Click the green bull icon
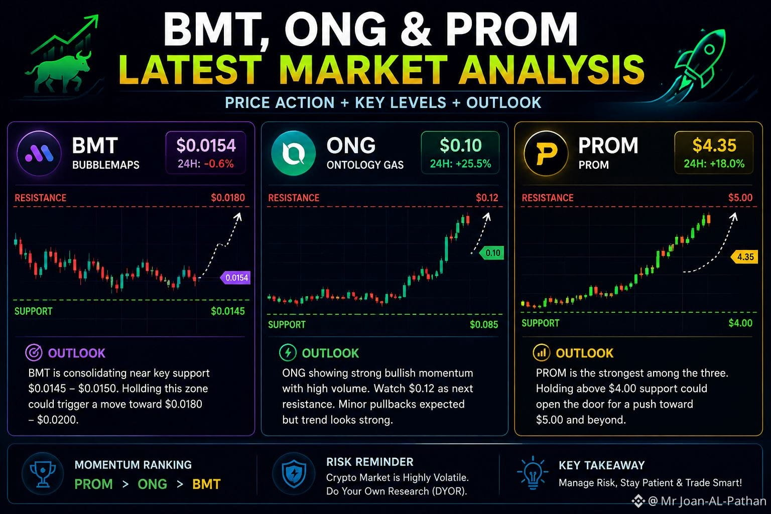pyautogui.click(x=59, y=71)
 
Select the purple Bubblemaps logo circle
pyautogui.click(x=39, y=153)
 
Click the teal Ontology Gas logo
pyautogui.click(x=294, y=153)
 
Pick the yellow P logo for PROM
pyautogui.click(x=546, y=153)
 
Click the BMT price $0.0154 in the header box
pyautogui.click(x=206, y=145)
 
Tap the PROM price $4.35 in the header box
pyautogui.click(x=714, y=145)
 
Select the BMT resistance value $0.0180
pyautogui.click(x=228, y=198)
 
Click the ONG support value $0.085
pyautogui.click(x=484, y=324)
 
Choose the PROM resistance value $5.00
pyautogui.click(x=740, y=198)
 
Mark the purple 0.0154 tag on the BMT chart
pyautogui.click(x=235, y=278)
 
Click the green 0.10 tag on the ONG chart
pyautogui.click(x=491, y=253)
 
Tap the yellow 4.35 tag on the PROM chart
pyautogui.click(x=744, y=257)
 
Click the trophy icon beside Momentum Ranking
pyautogui.click(x=43, y=474)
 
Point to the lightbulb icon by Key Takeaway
pyautogui.click(x=533, y=472)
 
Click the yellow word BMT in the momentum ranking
pyautogui.click(x=206, y=484)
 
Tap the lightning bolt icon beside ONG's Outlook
pyautogui.click(x=288, y=353)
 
